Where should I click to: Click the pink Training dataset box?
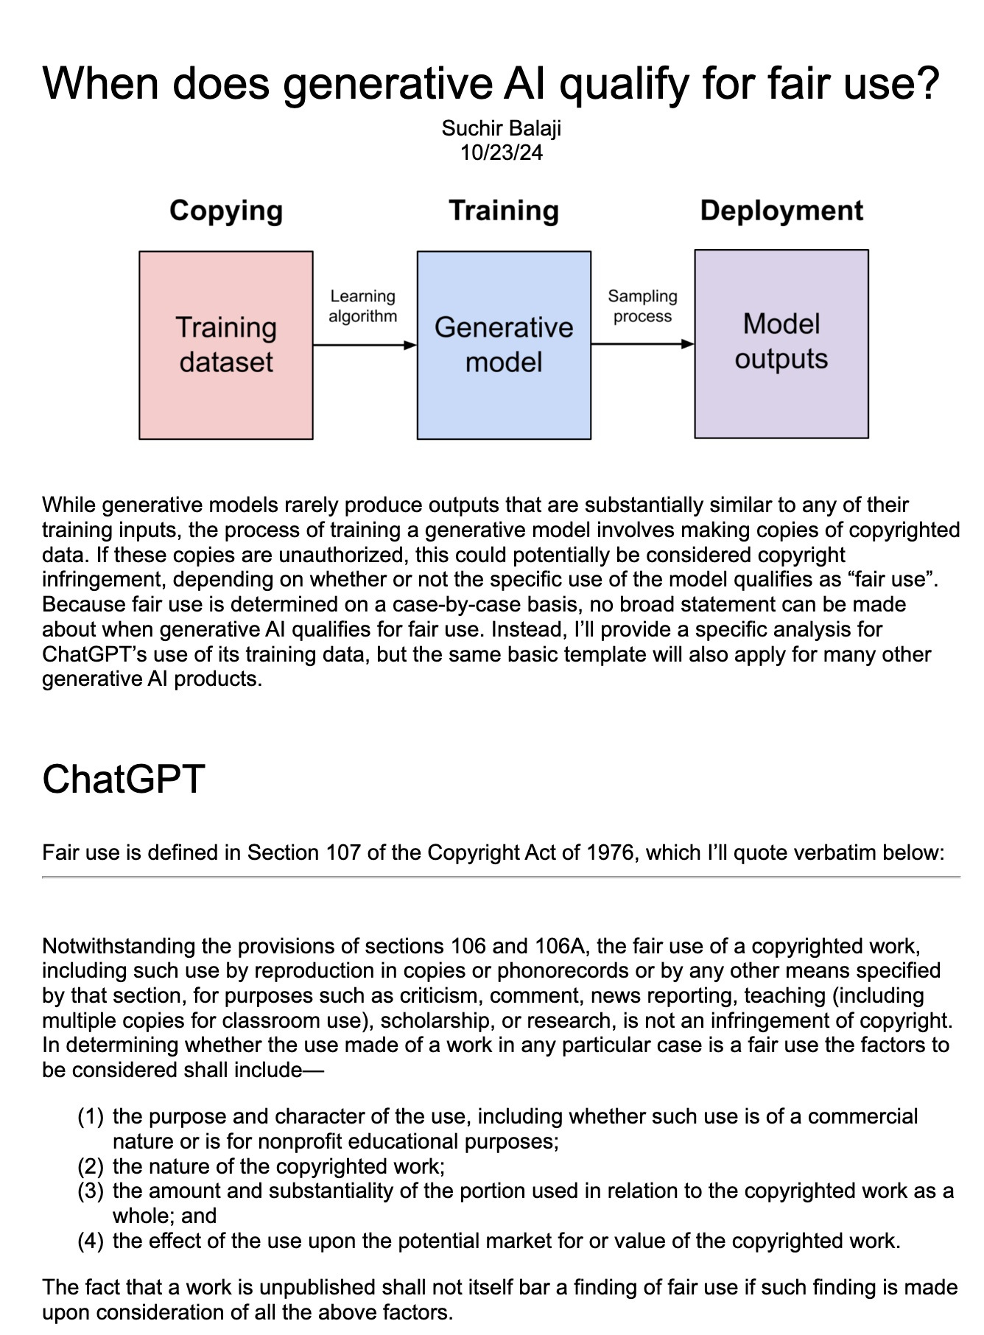pos(225,345)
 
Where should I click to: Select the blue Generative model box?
pos(504,345)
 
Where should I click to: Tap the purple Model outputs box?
pos(781,343)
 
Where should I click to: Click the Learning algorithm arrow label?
pos(362,306)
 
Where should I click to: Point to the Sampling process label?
pos(642,306)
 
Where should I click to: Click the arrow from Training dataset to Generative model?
pos(365,344)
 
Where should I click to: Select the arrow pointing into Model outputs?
pos(642,344)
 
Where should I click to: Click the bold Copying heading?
pos(225,211)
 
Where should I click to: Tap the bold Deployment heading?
pos(781,211)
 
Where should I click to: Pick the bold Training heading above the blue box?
pos(504,211)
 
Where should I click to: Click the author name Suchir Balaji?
pos(501,128)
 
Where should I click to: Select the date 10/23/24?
pos(501,153)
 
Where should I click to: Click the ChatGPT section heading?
pos(123,779)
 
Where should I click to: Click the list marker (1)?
pos(91,1116)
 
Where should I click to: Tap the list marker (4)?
pos(91,1241)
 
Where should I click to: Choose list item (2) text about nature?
pos(278,1166)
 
